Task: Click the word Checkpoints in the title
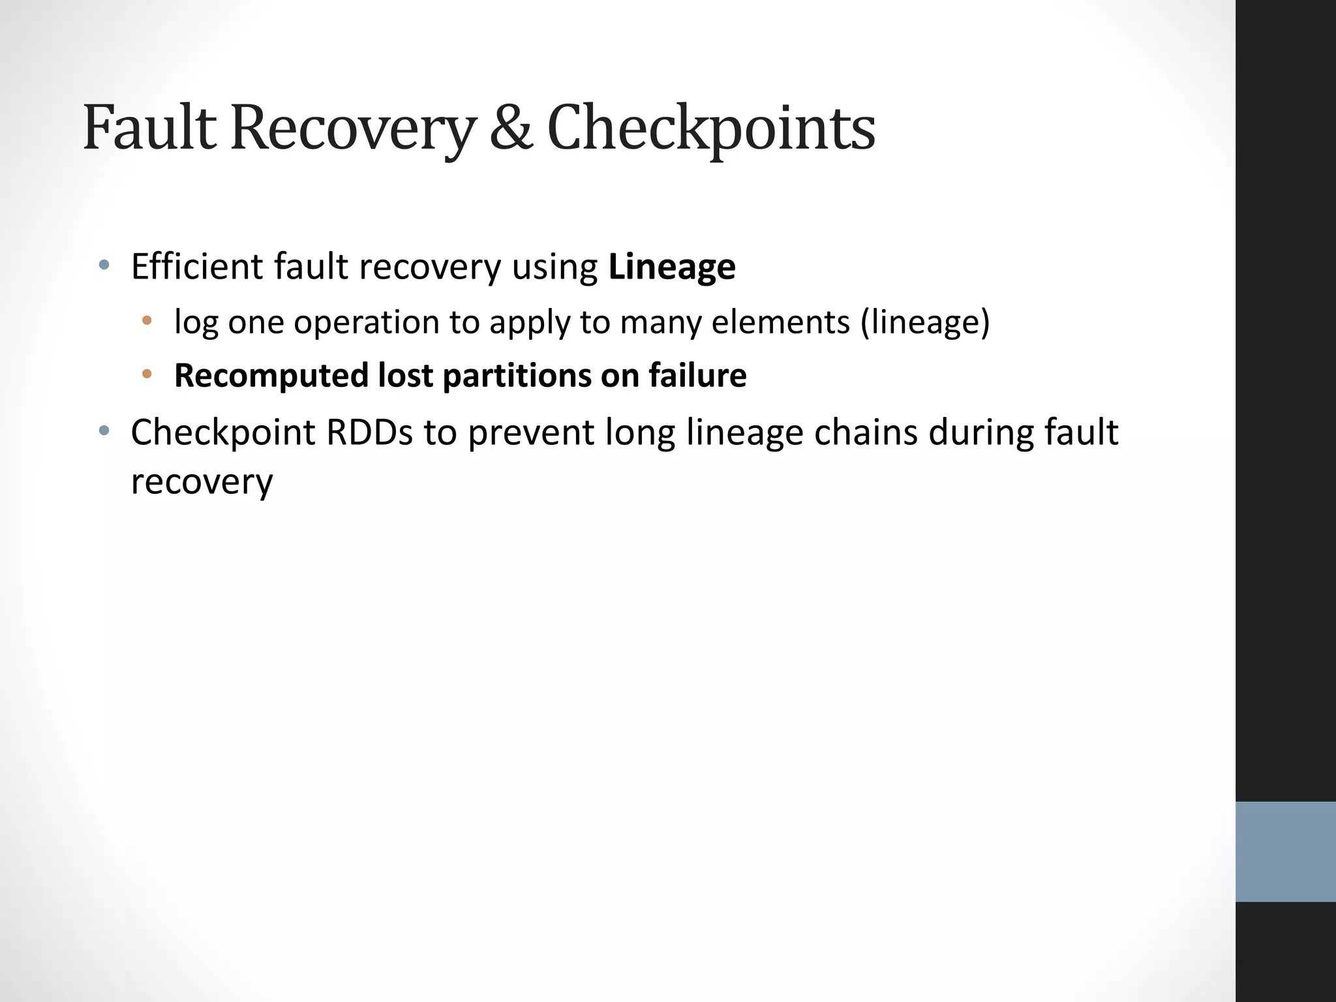tap(710, 129)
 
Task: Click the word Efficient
tap(196, 267)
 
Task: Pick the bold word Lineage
tap(671, 267)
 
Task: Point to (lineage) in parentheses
tap(924, 322)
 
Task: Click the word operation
tap(366, 322)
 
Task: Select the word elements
tap(780, 322)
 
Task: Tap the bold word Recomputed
tap(271, 376)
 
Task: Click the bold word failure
tap(697, 376)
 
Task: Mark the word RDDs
tap(369, 433)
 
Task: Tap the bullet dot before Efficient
tap(103, 265)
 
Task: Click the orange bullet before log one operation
tap(147, 320)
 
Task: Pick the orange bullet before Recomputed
tap(147, 374)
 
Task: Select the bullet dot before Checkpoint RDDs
tap(103, 431)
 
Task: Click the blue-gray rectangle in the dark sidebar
tap(1285, 851)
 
